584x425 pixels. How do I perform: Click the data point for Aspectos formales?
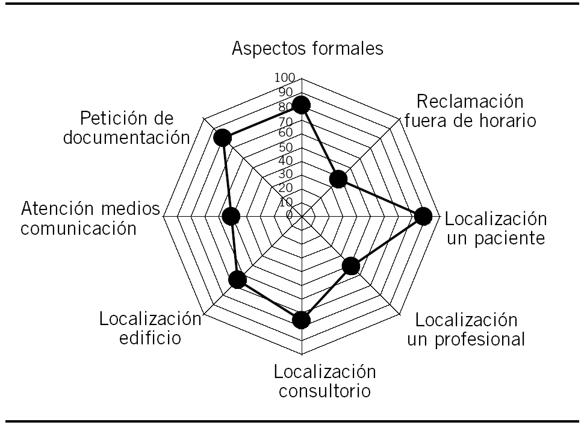point(301,105)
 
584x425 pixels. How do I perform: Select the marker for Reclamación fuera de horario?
point(338,179)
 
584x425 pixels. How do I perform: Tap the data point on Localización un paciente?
point(423,217)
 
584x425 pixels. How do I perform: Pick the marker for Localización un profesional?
point(351,266)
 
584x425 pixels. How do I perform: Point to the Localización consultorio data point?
point(301,320)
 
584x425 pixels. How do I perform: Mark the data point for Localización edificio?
point(238,280)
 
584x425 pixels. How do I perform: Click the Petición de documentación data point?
point(222,138)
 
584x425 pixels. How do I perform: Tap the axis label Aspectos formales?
point(308,49)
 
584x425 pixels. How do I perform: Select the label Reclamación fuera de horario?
point(470,110)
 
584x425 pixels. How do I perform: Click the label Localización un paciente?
point(496,228)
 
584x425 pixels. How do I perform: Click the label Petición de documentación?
point(131,127)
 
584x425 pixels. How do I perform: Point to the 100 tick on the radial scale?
point(284,78)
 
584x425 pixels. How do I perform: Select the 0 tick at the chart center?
point(289,215)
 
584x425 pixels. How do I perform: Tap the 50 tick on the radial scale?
point(285,147)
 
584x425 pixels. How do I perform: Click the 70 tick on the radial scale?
point(285,119)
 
